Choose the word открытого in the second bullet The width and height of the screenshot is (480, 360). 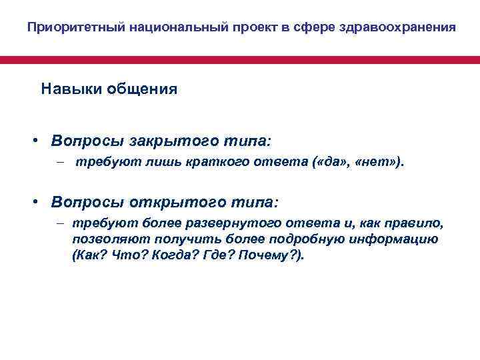point(159,201)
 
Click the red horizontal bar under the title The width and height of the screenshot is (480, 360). point(240,59)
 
